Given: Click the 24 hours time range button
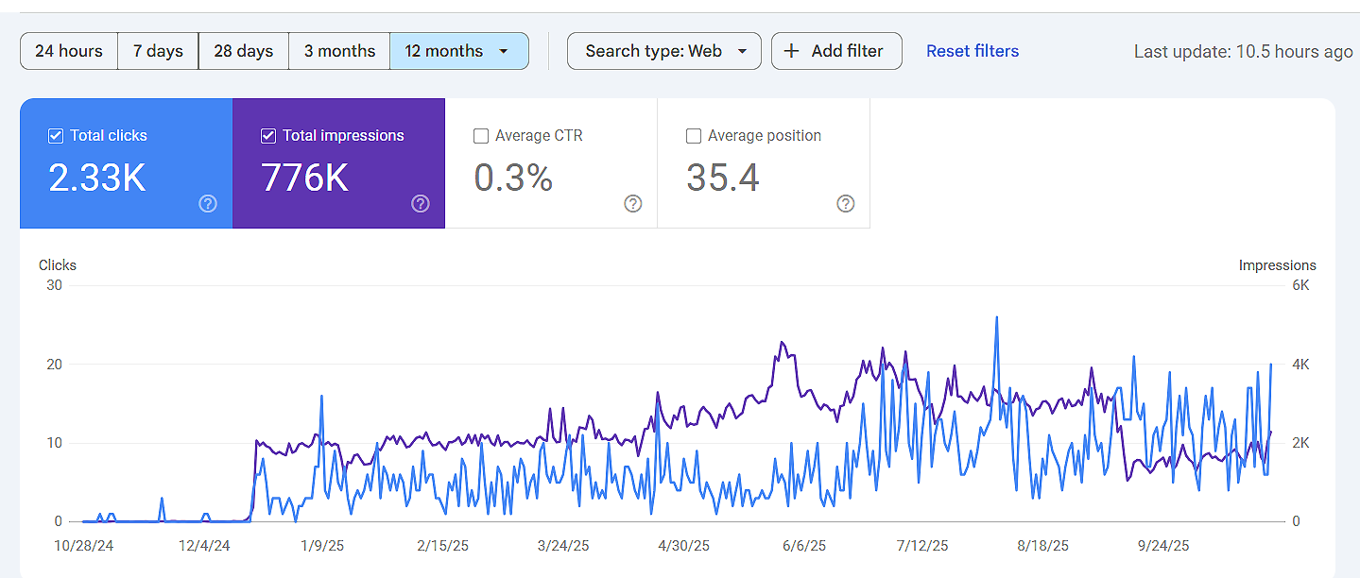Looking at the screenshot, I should point(69,51).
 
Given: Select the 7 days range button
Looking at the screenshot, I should point(158,51).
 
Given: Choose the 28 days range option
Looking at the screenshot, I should point(243,51).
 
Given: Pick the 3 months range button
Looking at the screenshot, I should point(339,51).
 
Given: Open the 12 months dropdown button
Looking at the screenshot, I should point(458,51).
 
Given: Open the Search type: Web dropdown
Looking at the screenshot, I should point(663,51).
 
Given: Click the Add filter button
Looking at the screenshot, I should point(836,51).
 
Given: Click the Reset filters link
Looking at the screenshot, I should point(973,51).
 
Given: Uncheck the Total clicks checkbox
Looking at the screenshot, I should point(56,136).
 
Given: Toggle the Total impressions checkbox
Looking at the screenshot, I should point(268,136).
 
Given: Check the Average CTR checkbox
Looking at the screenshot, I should point(481,136).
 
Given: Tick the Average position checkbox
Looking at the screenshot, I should point(694,136).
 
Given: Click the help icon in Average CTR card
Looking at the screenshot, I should point(633,204).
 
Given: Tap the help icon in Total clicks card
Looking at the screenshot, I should point(208,204).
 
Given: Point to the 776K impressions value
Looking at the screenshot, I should point(305,178).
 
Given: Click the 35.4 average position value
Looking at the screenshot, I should point(723,178).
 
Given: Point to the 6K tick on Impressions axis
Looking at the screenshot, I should point(1300,285).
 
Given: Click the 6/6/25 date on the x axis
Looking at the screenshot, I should point(804,546).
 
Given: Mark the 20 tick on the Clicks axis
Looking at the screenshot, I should point(55,365).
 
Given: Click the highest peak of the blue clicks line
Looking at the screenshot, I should point(996,317).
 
